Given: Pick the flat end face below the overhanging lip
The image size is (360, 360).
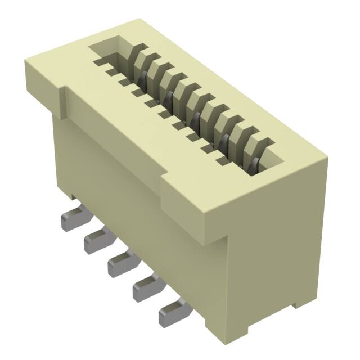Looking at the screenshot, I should (x=276, y=264).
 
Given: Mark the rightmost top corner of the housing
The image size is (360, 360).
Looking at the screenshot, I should (x=326, y=160).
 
